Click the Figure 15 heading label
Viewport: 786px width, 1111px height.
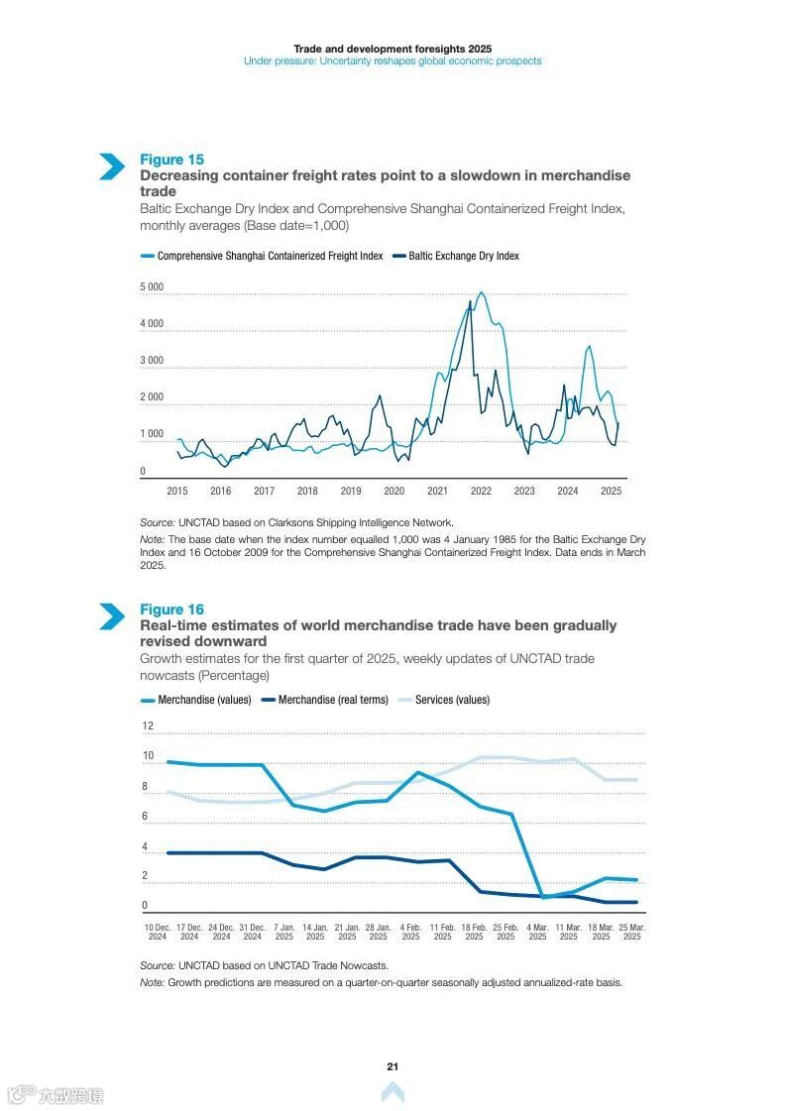171,160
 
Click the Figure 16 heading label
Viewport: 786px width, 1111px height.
171,610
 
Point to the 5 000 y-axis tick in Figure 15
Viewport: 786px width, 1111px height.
152,287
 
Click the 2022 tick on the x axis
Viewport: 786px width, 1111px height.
481,491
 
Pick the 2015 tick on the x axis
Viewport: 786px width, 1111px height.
177,491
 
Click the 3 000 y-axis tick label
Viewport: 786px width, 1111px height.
152,361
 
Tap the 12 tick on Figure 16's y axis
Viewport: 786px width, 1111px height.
148,725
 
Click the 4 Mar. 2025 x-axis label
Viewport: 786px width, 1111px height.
537,932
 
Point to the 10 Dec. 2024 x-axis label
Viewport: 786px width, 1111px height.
158,932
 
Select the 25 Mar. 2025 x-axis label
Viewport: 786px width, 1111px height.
632,932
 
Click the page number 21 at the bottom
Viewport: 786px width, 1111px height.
393,1066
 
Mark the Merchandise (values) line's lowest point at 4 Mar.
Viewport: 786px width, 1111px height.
543,897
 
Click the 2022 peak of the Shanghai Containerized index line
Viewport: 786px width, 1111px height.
481,292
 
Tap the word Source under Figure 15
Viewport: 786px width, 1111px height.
157,522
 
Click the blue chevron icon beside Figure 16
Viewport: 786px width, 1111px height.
112,616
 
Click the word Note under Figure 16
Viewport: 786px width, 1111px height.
152,982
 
